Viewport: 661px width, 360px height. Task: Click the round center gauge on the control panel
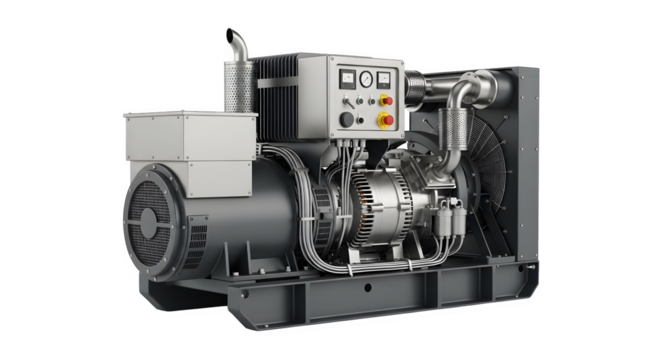(x=367, y=77)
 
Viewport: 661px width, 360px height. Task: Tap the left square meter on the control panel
(x=347, y=77)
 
